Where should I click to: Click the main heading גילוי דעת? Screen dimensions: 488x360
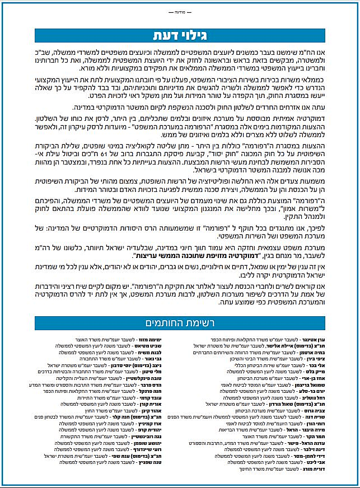[180, 35]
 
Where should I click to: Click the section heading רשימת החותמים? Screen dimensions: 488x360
[180, 323]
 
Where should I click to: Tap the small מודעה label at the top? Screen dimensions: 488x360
[180, 11]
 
